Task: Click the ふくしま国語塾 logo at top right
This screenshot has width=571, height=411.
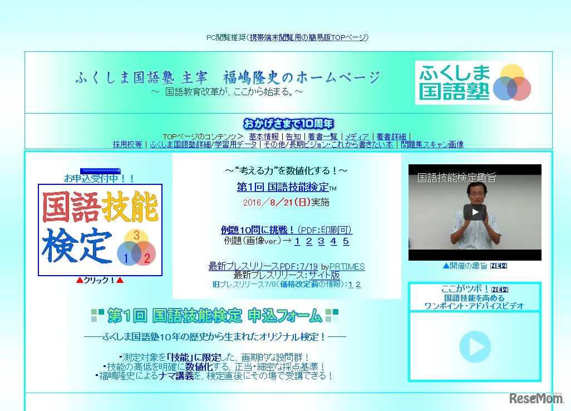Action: (474, 82)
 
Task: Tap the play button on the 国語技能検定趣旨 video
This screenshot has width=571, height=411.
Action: (475, 212)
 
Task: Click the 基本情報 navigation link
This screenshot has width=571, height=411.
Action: (264, 136)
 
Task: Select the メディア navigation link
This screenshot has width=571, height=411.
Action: (357, 136)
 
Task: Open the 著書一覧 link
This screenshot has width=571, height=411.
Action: (323, 136)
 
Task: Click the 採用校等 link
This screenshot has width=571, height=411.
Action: (127, 144)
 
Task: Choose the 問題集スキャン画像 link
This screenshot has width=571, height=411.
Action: (432, 144)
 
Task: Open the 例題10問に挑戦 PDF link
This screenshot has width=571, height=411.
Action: (286, 230)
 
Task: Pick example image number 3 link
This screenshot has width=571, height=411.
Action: (321, 241)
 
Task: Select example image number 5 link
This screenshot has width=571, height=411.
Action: (346, 241)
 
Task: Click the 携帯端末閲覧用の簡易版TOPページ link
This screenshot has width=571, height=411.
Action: (308, 38)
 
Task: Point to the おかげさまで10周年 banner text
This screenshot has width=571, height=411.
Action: (288, 124)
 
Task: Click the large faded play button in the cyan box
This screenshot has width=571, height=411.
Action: (475, 346)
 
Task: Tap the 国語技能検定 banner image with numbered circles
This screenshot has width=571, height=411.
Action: (100, 230)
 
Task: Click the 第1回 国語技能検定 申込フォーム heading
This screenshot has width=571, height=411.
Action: (215, 316)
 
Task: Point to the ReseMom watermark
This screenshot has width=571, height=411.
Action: (535, 398)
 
